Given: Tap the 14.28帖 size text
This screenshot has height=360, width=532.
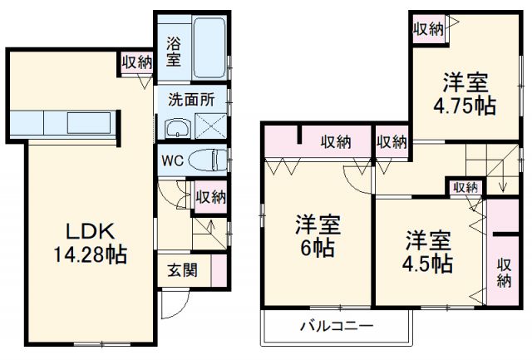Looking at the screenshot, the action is pyautogui.click(x=91, y=254).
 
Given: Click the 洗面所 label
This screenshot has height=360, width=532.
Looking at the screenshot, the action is pyautogui.click(x=192, y=100).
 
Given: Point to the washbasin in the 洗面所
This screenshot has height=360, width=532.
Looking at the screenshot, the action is pyautogui.click(x=178, y=129).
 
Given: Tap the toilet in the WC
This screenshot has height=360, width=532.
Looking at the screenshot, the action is pyautogui.click(x=207, y=160).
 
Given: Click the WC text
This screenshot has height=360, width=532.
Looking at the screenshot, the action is pyautogui.click(x=173, y=160).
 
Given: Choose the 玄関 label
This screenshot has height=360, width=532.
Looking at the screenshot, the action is pyautogui.click(x=183, y=270).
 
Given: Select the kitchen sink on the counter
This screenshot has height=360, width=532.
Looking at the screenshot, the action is pyautogui.click(x=89, y=123).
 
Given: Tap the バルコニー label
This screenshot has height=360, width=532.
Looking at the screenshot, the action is pyautogui.click(x=337, y=326).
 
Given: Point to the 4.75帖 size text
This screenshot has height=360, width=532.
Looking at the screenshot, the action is pyautogui.click(x=465, y=106).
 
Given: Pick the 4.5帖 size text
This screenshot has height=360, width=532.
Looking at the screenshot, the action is pyautogui.click(x=427, y=264).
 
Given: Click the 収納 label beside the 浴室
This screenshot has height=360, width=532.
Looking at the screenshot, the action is pyautogui.click(x=137, y=62).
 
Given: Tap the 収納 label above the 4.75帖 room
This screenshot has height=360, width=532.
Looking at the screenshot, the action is pyautogui.click(x=429, y=29).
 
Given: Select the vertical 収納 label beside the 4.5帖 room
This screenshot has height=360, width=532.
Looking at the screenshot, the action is pyautogui.click(x=505, y=273).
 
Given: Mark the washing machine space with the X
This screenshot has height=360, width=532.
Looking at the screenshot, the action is pyautogui.click(x=210, y=126).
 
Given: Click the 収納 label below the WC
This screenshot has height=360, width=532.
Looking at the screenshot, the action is pyautogui.click(x=210, y=197).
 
